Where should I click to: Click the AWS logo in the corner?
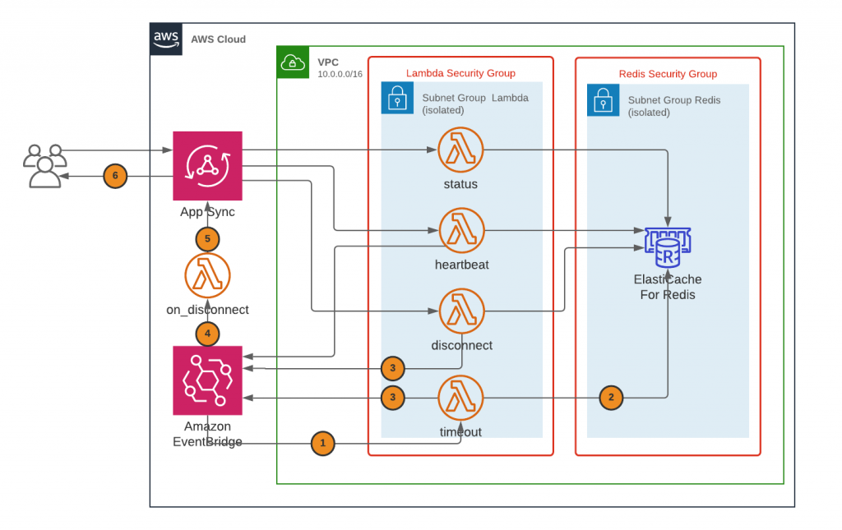pyautogui.click(x=166, y=39)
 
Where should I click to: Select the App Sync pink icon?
pyautogui.click(x=207, y=165)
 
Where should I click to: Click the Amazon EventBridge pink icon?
pyautogui.click(x=207, y=380)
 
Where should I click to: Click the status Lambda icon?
pyautogui.click(x=460, y=150)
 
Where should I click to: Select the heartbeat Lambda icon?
pyautogui.click(x=461, y=231)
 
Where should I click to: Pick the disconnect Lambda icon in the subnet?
pyautogui.click(x=461, y=311)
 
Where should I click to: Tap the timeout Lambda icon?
pyautogui.click(x=460, y=398)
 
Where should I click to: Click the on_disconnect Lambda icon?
pyautogui.click(x=207, y=276)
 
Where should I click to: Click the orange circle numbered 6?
pyautogui.click(x=116, y=176)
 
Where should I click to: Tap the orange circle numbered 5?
pyautogui.click(x=208, y=239)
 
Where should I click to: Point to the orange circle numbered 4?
pyautogui.click(x=208, y=334)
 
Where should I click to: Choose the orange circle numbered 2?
pyautogui.click(x=610, y=398)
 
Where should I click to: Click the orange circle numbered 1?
pyautogui.click(x=323, y=444)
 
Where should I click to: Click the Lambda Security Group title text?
pyautogui.click(x=460, y=73)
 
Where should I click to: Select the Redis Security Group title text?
pyautogui.click(x=668, y=74)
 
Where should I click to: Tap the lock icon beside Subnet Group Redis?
pyautogui.click(x=603, y=99)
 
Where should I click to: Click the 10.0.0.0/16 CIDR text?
pyautogui.click(x=340, y=75)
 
